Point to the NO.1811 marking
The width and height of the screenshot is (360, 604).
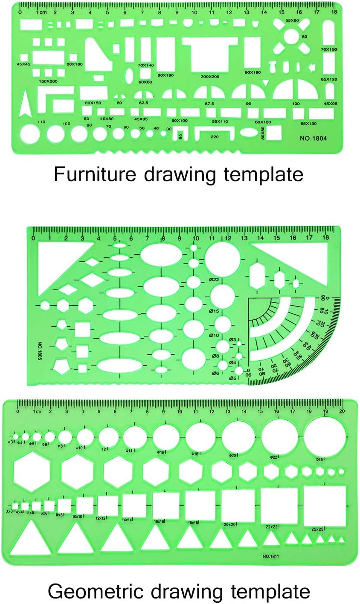tap(270, 556)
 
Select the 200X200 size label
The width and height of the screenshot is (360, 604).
tap(210, 77)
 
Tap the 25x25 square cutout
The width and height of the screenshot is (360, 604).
tap(324, 506)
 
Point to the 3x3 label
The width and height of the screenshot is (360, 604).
tap(9, 511)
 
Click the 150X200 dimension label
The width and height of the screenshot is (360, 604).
tap(48, 81)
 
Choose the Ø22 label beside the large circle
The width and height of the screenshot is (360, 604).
tap(214, 280)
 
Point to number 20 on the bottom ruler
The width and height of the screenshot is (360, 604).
tap(342, 411)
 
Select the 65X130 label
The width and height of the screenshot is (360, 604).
tap(308, 124)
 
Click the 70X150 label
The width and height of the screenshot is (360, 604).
tap(329, 50)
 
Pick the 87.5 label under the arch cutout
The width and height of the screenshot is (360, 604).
tap(209, 104)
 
